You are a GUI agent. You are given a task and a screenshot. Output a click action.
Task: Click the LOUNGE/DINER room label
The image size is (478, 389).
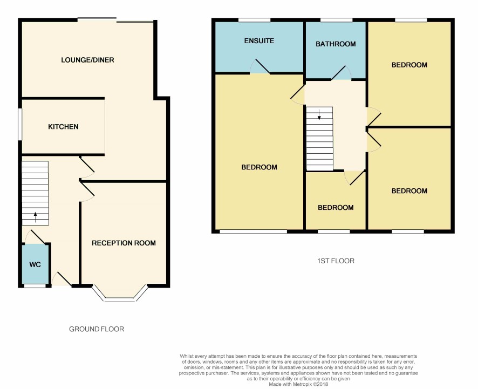click(87, 60)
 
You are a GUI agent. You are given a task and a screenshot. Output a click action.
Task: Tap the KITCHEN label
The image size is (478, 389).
click(63, 126)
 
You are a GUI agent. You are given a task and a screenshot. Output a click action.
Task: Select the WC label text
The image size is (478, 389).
click(35, 264)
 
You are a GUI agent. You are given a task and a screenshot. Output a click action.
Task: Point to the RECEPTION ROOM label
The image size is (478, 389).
click(124, 243)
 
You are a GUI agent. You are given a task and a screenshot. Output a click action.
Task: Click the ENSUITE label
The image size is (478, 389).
click(259, 40)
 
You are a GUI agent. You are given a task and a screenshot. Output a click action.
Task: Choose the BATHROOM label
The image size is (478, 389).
click(336, 44)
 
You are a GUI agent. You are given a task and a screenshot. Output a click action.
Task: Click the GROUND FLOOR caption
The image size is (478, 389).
click(97, 329)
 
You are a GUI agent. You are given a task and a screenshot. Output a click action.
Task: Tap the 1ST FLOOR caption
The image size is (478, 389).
click(336, 261)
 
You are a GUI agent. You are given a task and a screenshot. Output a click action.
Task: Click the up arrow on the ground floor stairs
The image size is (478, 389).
click(36, 217)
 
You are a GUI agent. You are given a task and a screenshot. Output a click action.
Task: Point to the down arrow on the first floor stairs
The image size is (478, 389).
click(319, 114)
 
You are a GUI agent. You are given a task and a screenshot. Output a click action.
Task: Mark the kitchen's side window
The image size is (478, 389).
click(20, 124)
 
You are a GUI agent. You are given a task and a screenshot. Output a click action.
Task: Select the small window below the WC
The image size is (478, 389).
click(35, 286)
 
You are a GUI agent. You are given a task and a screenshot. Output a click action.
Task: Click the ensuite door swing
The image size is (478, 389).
click(260, 66)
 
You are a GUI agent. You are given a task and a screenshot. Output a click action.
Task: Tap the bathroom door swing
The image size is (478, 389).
click(342, 72)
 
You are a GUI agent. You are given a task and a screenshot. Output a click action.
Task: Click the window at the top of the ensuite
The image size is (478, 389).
click(254, 20)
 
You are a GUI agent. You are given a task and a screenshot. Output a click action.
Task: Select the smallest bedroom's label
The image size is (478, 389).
click(336, 208)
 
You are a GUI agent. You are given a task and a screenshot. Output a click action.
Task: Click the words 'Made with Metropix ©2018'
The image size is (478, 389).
click(298, 384)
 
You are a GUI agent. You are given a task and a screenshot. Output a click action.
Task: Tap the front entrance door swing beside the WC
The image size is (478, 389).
click(62, 279)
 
